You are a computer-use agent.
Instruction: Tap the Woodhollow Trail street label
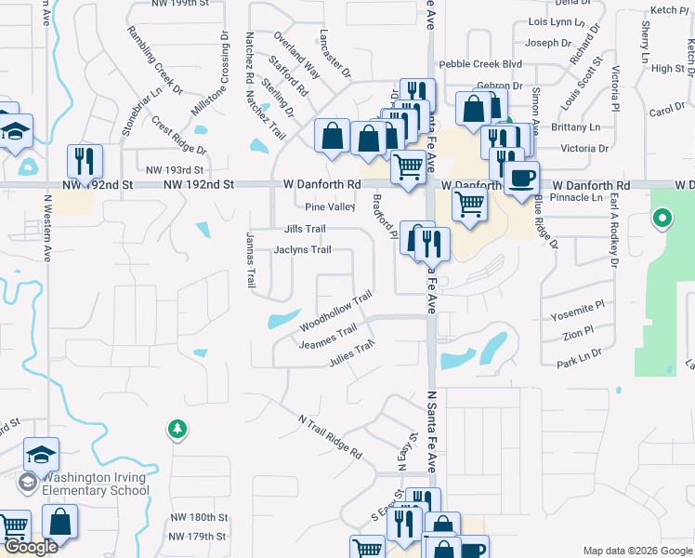pyautogui.click(x=335, y=312)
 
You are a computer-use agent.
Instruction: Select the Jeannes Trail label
pyautogui.click(x=327, y=338)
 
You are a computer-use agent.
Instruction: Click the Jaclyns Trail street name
pyautogui.click(x=302, y=249)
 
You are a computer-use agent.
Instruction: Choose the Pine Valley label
pyautogui.click(x=330, y=207)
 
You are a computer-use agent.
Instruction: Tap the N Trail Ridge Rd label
pyautogui.click(x=330, y=436)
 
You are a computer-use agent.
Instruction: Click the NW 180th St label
pyautogui.click(x=198, y=517)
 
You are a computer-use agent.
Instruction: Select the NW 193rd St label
pyautogui.click(x=175, y=170)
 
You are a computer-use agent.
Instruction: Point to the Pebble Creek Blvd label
pyautogui.click(x=480, y=64)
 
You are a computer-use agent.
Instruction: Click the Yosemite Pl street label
pyautogui.click(x=579, y=304)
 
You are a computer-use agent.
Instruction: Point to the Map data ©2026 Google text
pyautogui.click(x=636, y=551)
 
